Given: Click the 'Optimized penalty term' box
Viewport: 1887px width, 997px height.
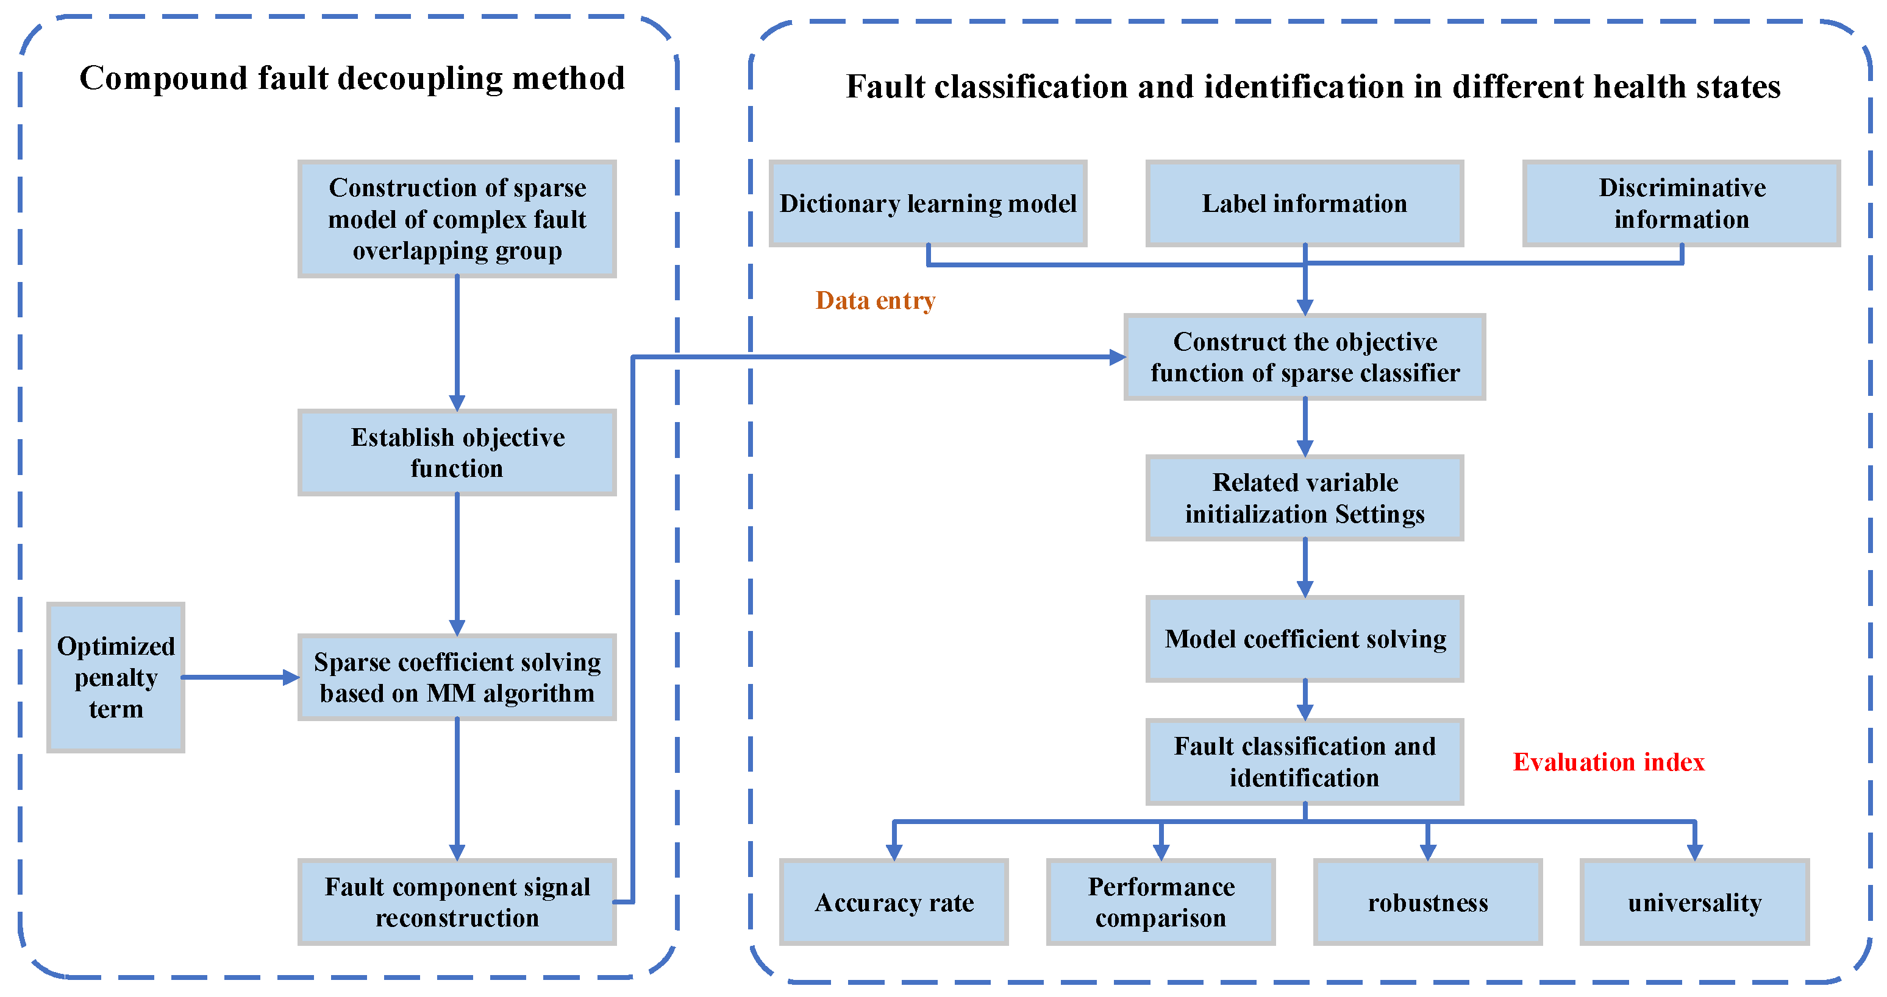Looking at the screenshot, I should pyautogui.click(x=116, y=677).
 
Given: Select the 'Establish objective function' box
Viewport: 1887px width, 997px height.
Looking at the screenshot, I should pyautogui.click(x=457, y=453).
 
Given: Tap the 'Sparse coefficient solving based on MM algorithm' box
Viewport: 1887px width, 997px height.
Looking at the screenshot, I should pyautogui.click(x=457, y=677).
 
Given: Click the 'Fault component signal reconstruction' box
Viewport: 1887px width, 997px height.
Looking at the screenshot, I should pyautogui.click(x=457, y=902).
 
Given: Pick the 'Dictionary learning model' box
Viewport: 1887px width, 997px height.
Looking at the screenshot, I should pyautogui.click(x=927, y=203).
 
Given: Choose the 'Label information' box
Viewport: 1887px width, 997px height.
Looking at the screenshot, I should pyautogui.click(x=1305, y=203).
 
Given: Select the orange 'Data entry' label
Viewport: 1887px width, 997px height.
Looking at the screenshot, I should pyautogui.click(x=876, y=301).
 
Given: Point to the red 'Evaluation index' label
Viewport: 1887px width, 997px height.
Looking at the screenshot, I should pyautogui.click(x=1608, y=762).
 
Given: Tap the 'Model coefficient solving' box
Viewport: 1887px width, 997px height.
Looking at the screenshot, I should pyautogui.click(x=1305, y=639).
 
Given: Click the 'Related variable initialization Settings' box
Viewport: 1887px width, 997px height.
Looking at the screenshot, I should pyautogui.click(x=1305, y=498).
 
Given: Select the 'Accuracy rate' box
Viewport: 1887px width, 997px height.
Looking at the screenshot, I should pyautogui.click(x=894, y=902).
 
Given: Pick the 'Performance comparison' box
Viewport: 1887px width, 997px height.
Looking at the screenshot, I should pyautogui.click(x=1160, y=902).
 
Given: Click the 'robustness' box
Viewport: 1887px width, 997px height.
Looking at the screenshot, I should pyautogui.click(x=1428, y=902).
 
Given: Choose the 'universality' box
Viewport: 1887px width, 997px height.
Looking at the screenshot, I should pyautogui.click(x=1694, y=902).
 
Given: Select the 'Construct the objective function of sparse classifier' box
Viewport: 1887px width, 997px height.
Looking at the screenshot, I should pyautogui.click(x=1305, y=358).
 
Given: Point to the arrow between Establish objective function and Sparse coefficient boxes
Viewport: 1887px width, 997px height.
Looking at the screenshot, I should pyautogui.click(x=457, y=563).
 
